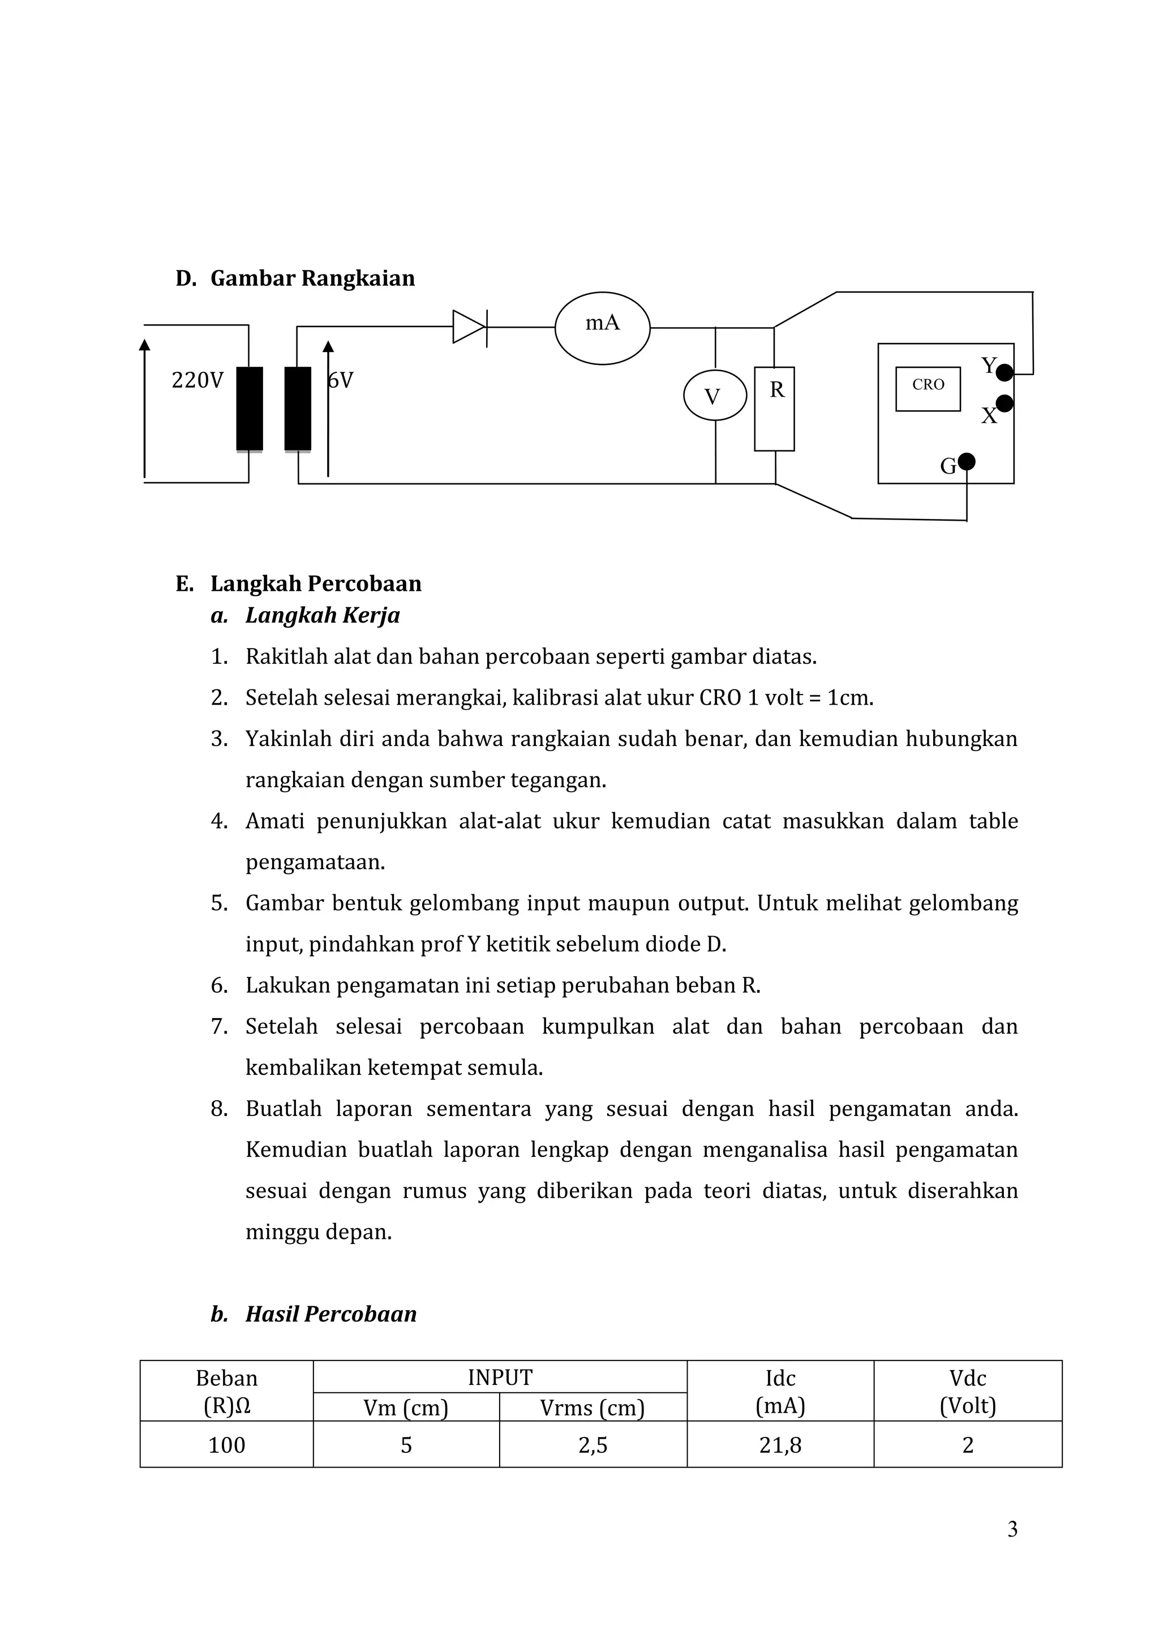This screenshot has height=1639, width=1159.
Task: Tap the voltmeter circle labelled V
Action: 714,396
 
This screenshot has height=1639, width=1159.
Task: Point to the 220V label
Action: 197,380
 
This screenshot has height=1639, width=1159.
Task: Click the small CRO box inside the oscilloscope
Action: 928,388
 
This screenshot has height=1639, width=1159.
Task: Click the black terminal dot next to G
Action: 967,461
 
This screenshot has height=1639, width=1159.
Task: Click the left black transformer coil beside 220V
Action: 249,408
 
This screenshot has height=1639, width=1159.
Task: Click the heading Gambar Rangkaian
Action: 312,278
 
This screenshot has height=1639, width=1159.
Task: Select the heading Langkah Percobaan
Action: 315,583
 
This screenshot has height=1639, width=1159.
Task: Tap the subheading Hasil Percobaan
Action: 330,1314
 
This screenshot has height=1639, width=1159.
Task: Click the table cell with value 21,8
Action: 780,1445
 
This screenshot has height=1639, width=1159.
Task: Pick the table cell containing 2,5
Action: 593,1445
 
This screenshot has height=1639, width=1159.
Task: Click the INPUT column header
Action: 500,1377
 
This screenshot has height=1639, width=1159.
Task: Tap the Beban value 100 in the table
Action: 226,1445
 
